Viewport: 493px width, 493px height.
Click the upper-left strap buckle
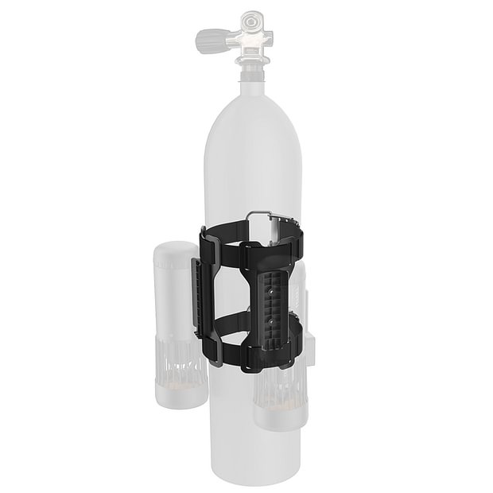[204, 235]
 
